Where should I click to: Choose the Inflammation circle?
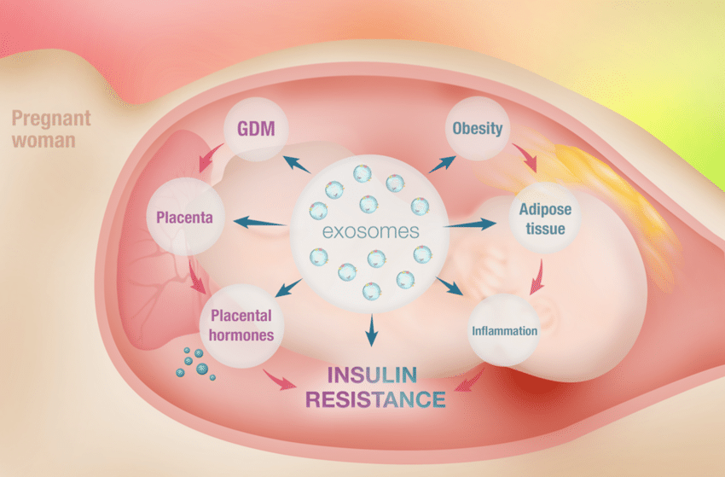tap(505, 330)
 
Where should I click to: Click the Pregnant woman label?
tap(43, 128)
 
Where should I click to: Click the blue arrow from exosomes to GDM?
tap(299, 164)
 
